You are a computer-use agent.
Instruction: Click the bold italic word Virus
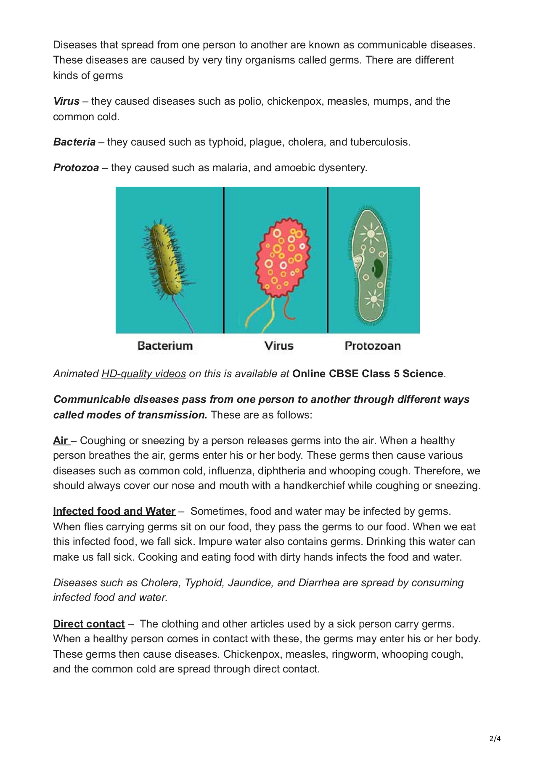pos(66,101)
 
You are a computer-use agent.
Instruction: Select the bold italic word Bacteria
pos(74,142)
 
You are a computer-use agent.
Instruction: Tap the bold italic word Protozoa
pos(76,168)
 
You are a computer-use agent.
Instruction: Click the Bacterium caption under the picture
pos(165,346)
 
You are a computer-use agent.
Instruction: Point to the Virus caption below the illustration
pos(279,346)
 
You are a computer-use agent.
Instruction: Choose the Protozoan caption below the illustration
pos(373,346)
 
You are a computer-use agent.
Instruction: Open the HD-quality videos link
pos(143,374)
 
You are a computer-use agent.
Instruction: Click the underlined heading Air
pos(61,441)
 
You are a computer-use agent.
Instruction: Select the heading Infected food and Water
pos(114,511)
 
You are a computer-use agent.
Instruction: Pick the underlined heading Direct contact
pos(89,624)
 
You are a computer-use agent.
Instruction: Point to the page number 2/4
pos(495,739)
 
